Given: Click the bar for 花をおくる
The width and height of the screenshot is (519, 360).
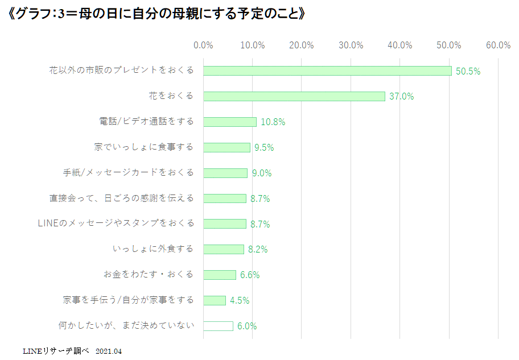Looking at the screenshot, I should (x=294, y=96).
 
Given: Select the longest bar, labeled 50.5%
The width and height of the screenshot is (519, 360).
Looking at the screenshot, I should (x=327, y=71).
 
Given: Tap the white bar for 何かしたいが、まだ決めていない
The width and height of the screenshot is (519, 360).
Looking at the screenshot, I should (x=218, y=326).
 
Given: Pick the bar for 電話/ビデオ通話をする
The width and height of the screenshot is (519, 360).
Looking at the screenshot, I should (x=230, y=122).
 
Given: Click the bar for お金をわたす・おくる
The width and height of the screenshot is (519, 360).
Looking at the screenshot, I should (x=220, y=275).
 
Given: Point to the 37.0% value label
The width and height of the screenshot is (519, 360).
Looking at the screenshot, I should (x=401, y=97).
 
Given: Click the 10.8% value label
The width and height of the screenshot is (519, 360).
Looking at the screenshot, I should (x=273, y=122).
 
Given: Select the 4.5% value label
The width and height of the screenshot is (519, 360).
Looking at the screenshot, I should (x=240, y=300).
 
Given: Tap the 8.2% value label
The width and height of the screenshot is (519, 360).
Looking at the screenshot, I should (x=257, y=250).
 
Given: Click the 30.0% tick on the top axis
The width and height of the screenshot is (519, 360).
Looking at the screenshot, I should (x=351, y=45).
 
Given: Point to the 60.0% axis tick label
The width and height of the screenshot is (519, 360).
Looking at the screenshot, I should (x=499, y=45).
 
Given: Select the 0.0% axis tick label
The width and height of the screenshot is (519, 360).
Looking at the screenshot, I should (x=203, y=45).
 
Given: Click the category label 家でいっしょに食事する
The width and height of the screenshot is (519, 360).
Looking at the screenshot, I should (x=144, y=147).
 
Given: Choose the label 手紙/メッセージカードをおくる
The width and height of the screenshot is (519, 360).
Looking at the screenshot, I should (x=129, y=172).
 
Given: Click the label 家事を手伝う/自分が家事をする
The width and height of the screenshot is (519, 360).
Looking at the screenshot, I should (x=129, y=300).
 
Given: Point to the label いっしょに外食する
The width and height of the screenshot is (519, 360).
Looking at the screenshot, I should (x=153, y=249).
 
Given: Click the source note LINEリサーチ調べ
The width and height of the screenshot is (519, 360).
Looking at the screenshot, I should (x=56, y=351).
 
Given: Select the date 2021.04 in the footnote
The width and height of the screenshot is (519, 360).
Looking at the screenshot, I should (x=109, y=351).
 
